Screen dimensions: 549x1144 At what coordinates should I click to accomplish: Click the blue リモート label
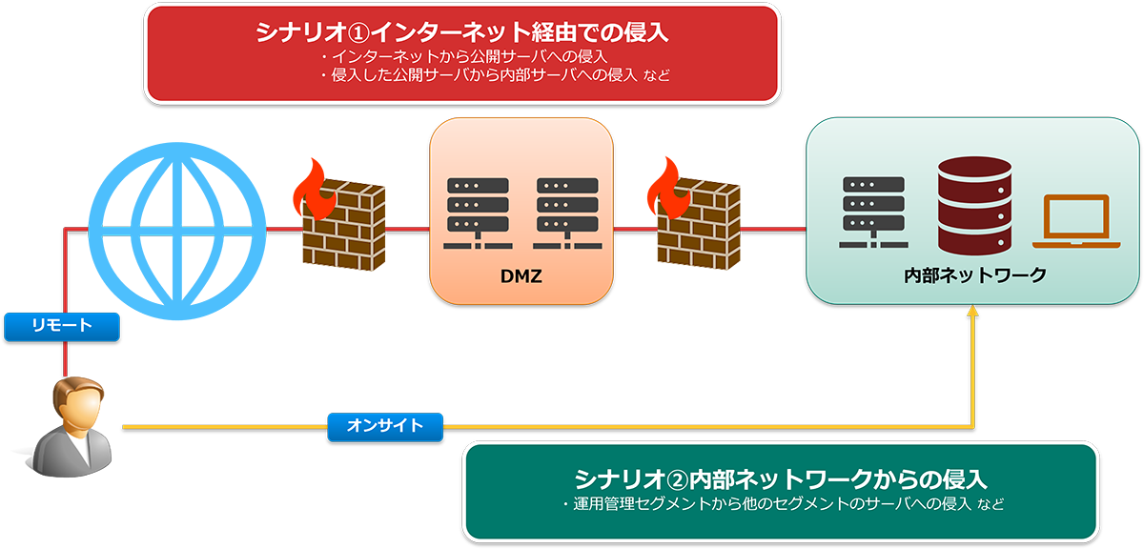(61, 327)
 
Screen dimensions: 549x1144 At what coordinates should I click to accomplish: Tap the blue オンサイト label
(386, 427)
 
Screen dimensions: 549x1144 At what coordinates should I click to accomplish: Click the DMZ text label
(521, 276)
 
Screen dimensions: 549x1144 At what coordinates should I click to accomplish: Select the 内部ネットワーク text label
(975, 275)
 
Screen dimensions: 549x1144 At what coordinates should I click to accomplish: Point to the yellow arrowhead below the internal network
(973, 314)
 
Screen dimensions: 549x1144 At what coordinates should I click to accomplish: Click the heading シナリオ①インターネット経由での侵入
(462, 32)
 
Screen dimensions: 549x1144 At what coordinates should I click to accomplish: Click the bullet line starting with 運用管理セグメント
(782, 502)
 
